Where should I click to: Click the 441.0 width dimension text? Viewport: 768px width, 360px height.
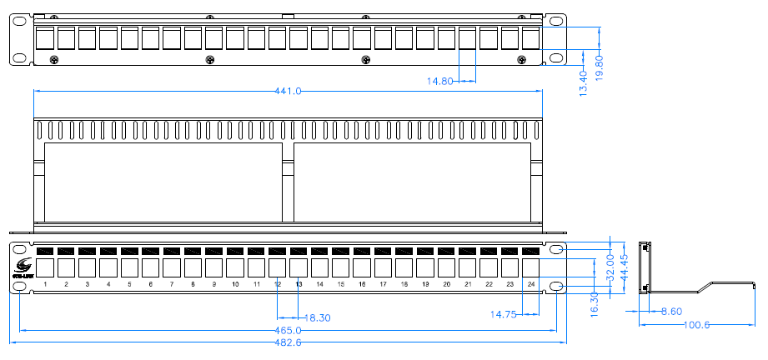tap(288, 91)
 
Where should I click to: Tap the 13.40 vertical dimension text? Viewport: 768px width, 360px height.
tap(584, 81)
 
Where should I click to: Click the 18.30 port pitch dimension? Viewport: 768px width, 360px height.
tap(318, 317)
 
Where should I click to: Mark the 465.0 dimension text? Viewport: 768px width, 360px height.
tap(289, 331)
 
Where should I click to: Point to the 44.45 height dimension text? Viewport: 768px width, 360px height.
tap(624, 267)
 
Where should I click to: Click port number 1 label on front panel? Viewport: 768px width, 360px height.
tap(45, 285)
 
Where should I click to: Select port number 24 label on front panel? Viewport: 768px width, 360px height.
tap(531, 285)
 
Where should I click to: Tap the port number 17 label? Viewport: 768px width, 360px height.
tap(383, 285)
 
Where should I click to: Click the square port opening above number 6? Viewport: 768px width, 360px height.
tap(151, 267)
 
